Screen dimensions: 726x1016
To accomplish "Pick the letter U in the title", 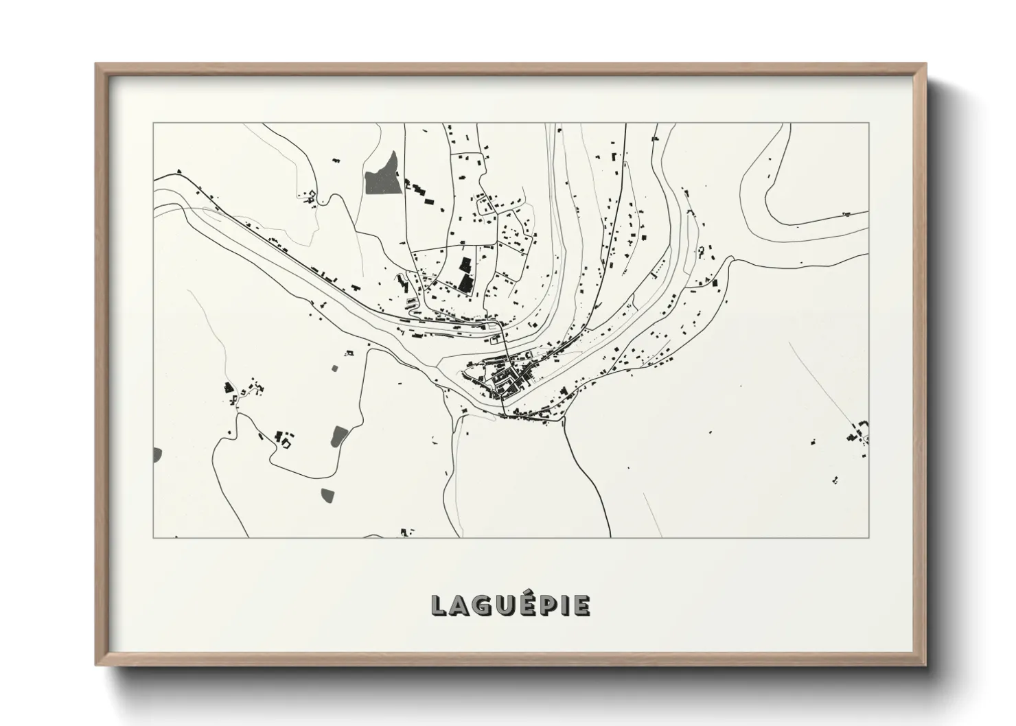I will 498,605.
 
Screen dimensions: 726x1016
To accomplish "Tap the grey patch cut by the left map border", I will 157,454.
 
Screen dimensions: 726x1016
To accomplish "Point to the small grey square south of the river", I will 335,368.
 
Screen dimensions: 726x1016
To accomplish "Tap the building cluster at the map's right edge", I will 858,432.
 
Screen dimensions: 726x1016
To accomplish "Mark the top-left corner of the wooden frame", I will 96,64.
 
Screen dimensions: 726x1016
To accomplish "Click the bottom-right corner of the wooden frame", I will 926,666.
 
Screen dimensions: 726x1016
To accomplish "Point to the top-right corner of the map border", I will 869,123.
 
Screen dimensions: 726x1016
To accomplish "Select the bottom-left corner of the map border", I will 153,537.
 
